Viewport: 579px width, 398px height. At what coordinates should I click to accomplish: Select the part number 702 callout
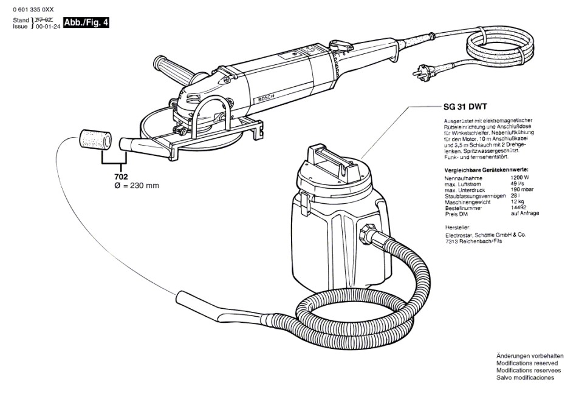pyautogui.click(x=122, y=176)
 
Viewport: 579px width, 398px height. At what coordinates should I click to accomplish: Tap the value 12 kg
pyautogui.click(x=517, y=201)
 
